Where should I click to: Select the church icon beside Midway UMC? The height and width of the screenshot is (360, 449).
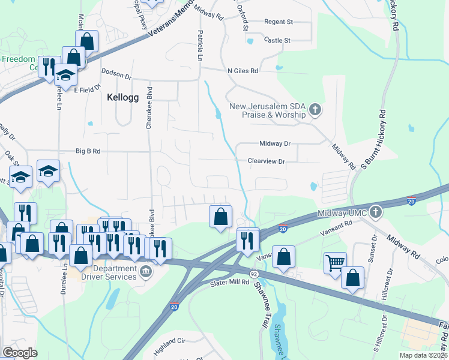point(375,212)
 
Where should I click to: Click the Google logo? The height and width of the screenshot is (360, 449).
point(20,353)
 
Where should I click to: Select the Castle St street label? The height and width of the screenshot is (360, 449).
point(277,40)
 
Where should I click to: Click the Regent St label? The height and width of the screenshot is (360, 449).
point(279,22)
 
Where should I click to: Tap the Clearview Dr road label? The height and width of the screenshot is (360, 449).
point(266,161)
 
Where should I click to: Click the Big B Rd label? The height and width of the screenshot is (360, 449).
point(88,151)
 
